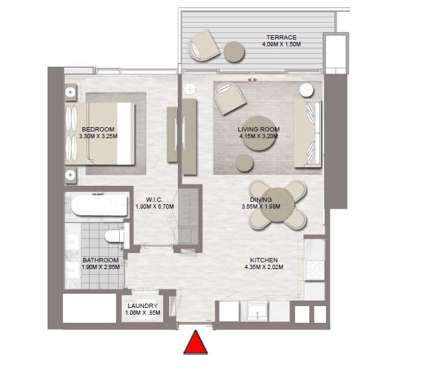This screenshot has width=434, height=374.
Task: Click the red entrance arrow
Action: tap(196, 343)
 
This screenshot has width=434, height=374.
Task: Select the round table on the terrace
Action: tap(234, 51)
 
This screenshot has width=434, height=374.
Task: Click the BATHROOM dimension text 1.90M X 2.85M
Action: tap(101, 268)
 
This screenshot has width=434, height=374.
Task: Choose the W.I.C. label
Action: tap(154, 199)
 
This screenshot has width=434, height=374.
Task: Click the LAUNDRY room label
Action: tap(143, 306)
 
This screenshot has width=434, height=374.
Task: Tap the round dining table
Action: tap(277, 203)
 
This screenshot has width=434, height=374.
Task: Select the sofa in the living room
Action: tap(307, 133)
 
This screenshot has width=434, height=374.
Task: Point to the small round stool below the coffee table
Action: tap(244, 162)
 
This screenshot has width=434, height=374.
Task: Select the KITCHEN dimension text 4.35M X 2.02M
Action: tap(264, 268)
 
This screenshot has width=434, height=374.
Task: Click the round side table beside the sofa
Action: tap(307, 91)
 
